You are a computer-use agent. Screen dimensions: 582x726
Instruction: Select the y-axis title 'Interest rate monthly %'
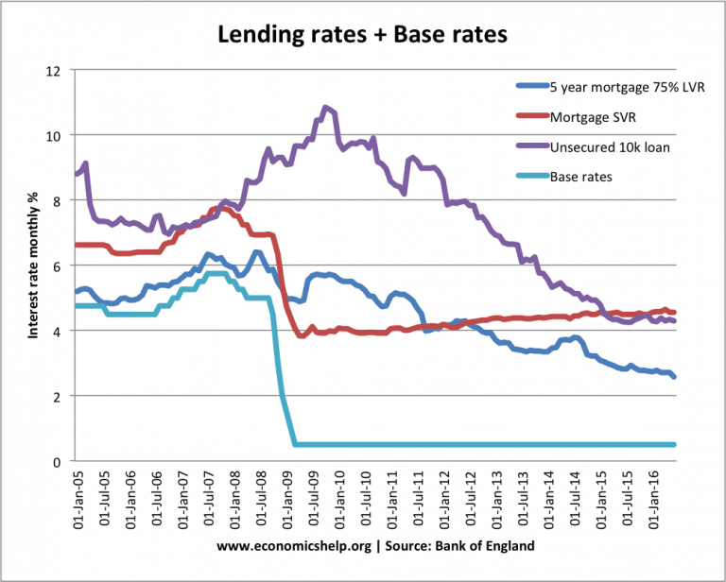[32, 266]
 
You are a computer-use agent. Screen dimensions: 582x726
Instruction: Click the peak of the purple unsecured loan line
[326, 108]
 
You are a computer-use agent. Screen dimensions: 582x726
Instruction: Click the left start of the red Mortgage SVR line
[76, 245]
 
